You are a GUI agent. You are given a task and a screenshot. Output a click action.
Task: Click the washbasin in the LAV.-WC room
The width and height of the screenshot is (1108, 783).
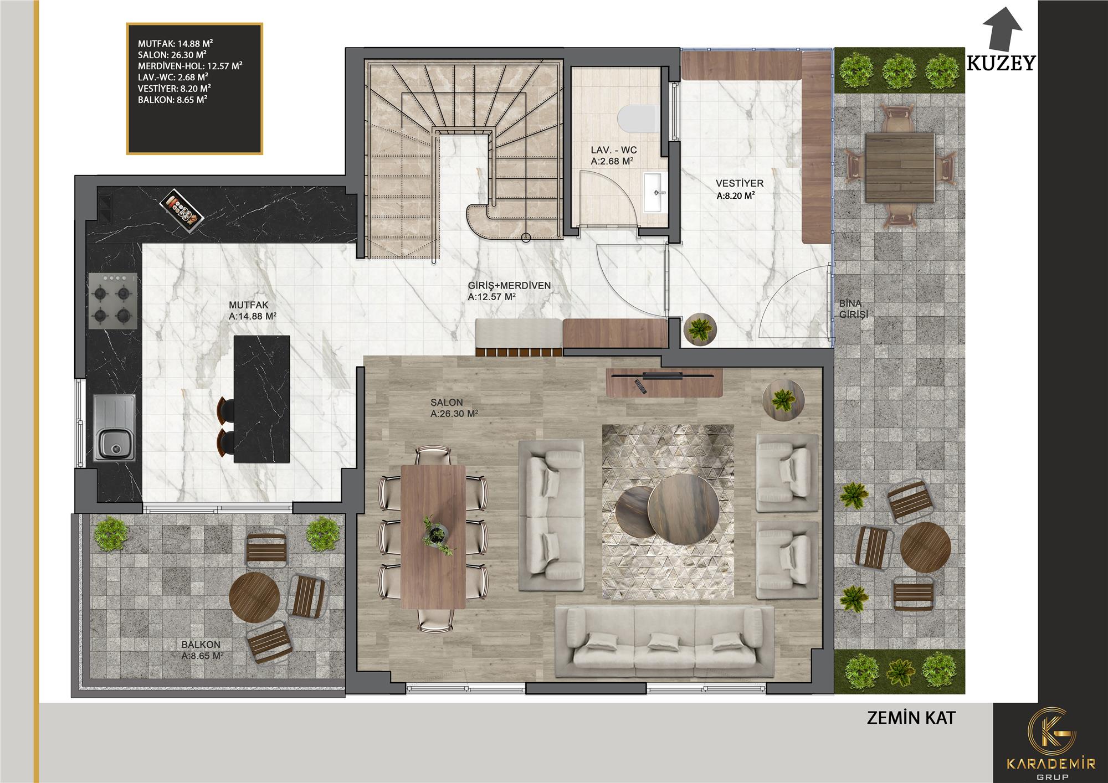[655, 192]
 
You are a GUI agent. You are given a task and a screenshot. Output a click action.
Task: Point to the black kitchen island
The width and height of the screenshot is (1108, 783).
[261, 399]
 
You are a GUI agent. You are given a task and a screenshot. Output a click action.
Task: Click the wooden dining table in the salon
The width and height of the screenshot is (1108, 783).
[433, 537]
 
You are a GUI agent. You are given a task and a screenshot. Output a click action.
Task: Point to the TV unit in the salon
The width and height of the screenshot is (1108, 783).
[664, 382]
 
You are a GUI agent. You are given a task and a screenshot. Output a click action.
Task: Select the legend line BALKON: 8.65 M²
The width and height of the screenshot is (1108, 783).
[173, 100]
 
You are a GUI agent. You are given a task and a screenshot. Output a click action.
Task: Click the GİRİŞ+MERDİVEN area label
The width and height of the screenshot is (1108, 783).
[509, 291]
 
